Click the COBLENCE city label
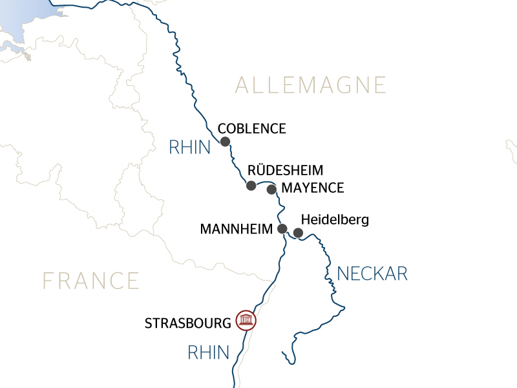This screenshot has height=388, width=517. pyautogui.click(x=252, y=129)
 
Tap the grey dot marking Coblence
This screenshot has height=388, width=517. pyautogui.click(x=225, y=142)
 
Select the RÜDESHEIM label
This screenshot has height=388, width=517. pyautogui.click(x=285, y=170)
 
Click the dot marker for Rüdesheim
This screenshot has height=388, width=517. pyautogui.click(x=251, y=186)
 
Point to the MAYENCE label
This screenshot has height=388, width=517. pyautogui.click(x=313, y=188)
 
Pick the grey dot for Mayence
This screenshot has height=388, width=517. pyautogui.click(x=271, y=189)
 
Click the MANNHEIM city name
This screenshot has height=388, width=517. pyautogui.click(x=236, y=229)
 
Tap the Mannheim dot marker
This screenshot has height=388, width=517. pyautogui.click(x=282, y=228)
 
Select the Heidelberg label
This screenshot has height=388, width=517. pyautogui.click(x=335, y=220)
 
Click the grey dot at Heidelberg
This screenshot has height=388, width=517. pyautogui.click(x=298, y=233)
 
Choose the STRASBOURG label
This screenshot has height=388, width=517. pyautogui.click(x=188, y=322)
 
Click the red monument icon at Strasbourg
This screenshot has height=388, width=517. pyautogui.click(x=246, y=320)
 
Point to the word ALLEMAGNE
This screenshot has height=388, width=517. pyautogui.click(x=310, y=85)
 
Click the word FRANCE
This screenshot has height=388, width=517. pyautogui.click(x=91, y=281)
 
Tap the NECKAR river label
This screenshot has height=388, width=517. pyautogui.click(x=372, y=274)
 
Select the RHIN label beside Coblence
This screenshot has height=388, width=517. pyautogui.click(x=190, y=147)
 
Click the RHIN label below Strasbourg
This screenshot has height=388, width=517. pyautogui.click(x=209, y=352)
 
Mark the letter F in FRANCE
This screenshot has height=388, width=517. pyautogui.click(x=48, y=281)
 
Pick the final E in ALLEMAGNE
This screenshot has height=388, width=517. pyautogui.click(x=379, y=85)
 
